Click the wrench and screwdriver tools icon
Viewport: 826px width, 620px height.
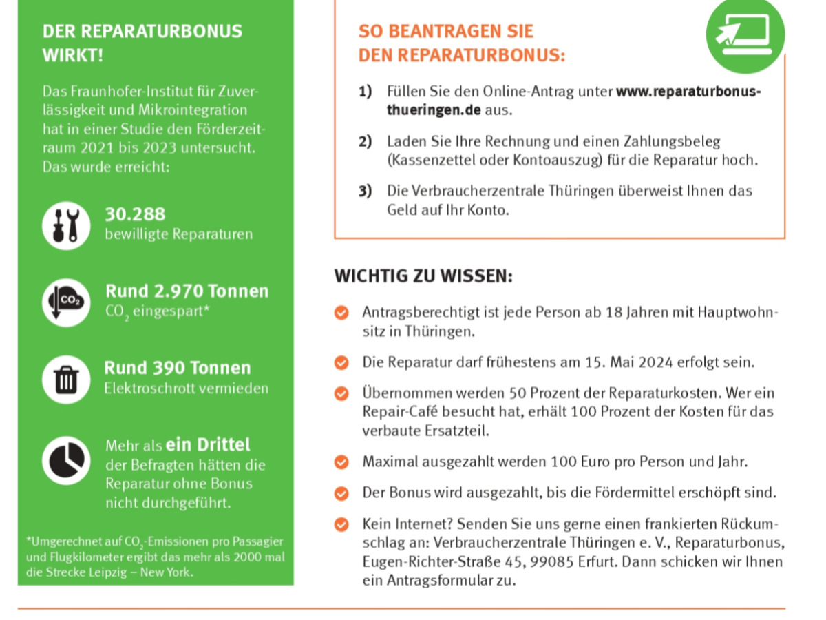click(x=66, y=226)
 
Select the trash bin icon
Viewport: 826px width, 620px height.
click(x=66, y=380)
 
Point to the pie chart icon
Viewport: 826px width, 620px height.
click(x=66, y=461)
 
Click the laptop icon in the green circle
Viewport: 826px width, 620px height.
click(x=745, y=32)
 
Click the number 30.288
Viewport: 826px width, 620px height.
click(x=135, y=214)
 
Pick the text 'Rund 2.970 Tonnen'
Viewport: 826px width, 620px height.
click(x=187, y=291)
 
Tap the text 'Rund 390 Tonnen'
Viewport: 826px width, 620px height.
click(x=178, y=368)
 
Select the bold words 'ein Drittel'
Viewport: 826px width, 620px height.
click(x=208, y=445)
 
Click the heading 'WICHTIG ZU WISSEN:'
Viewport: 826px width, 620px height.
click(x=423, y=276)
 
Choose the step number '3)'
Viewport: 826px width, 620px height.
click(x=365, y=191)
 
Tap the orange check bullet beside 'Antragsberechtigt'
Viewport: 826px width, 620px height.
click(x=341, y=313)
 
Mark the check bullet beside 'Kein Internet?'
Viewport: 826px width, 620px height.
click(x=341, y=525)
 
